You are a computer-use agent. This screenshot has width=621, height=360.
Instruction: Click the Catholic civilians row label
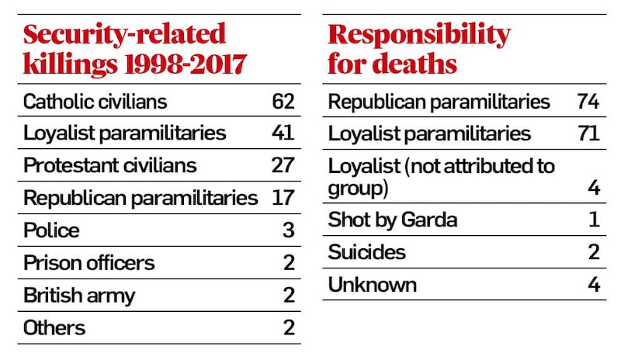[x=95, y=102]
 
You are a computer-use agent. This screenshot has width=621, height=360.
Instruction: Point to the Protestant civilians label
[x=110, y=165]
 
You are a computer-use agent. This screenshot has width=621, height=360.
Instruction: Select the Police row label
[x=51, y=230]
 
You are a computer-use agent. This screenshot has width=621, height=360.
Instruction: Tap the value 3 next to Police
[x=288, y=230]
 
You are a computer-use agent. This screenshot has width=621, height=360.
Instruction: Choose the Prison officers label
[x=89, y=262]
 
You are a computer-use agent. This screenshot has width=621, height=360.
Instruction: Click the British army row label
[x=79, y=295]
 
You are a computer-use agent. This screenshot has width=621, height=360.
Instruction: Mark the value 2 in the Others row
[x=288, y=327]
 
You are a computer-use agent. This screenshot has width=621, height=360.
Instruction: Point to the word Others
[x=55, y=327]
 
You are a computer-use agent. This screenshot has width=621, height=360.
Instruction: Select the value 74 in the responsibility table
[x=588, y=102]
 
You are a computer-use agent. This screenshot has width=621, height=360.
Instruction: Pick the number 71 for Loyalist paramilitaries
[x=588, y=133]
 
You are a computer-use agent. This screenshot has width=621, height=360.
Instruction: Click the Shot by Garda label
[x=393, y=220]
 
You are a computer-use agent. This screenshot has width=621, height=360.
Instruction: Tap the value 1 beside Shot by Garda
[x=594, y=220]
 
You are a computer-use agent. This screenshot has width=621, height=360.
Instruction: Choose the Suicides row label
[x=367, y=252]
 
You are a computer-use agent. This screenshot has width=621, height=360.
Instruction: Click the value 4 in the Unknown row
[x=594, y=285]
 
